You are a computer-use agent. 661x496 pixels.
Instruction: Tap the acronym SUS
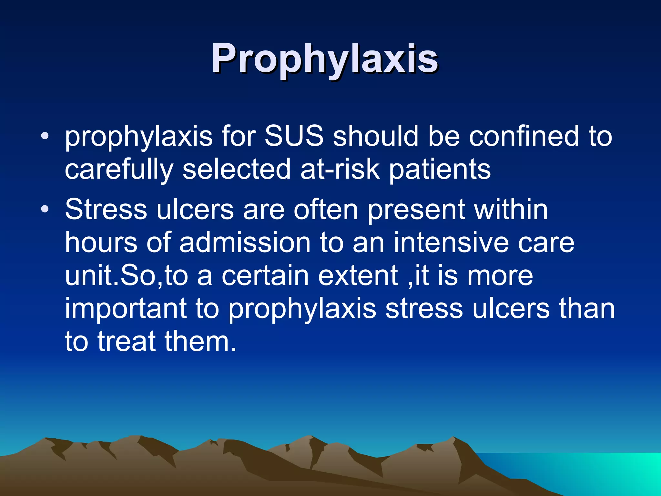pos(294,136)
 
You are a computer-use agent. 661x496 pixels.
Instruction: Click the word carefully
pos(119,170)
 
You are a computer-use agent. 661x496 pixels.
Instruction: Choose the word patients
pos(440,170)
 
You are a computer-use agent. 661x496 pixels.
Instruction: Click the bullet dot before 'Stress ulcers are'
pos(45,210)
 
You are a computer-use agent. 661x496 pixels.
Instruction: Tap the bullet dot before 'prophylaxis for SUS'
pos(45,136)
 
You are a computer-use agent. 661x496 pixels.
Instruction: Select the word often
pos(326,210)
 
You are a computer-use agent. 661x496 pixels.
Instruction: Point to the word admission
pos(245,243)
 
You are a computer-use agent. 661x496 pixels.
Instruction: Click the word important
pos(126,309)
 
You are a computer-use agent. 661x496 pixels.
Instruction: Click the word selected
pos(237,170)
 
